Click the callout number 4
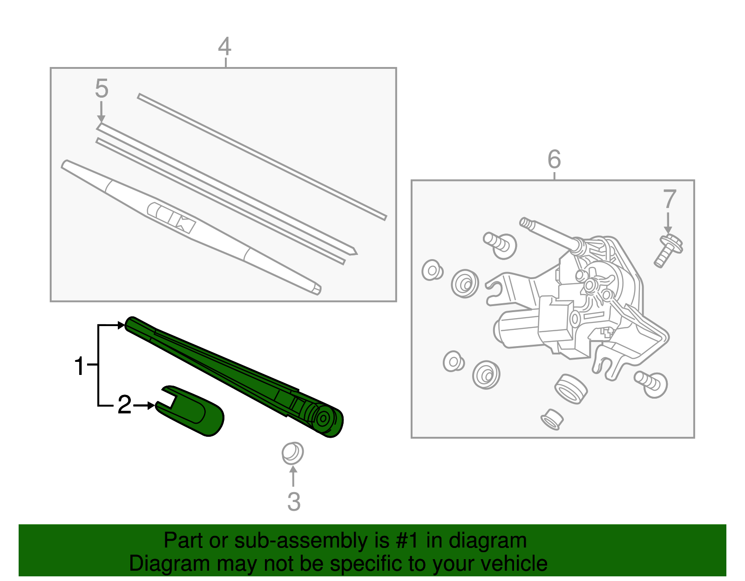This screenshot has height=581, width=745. (x=224, y=47)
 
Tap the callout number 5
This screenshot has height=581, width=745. (x=102, y=88)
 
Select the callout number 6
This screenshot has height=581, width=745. (x=554, y=160)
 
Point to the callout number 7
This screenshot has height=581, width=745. (x=669, y=199)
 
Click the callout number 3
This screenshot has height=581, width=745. (x=294, y=501)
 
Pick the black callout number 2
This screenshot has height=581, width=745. (x=124, y=405)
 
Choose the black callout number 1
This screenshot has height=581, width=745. (x=80, y=366)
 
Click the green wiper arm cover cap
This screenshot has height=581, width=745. (x=196, y=412)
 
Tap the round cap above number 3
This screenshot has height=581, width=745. (x=292, y=453)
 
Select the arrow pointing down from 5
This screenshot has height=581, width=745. (x=101, y=113)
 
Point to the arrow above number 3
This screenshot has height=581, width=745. (x=293, y=476)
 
